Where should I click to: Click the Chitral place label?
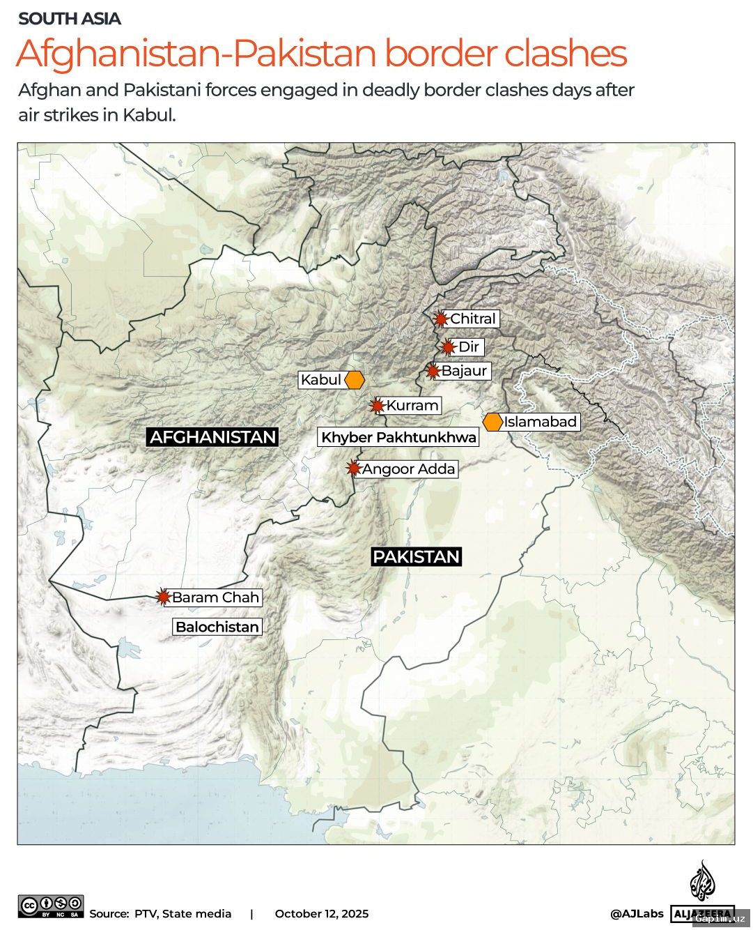tap(473, 319)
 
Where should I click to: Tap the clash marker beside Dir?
tap(449, 346)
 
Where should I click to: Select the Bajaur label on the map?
tap(464, 370)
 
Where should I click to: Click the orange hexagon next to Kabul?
tap(355, 380)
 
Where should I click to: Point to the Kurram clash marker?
tap(378, 405)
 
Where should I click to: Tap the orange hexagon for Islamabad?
tap(493, 422)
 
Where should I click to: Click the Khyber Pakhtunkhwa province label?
tap(399, 437)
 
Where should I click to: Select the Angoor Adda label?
tap(408, 468)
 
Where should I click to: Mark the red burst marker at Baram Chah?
tap(164, 597)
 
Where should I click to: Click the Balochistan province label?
tap(217, 627)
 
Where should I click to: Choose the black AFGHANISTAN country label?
tap(213, 437)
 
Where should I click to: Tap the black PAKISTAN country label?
tap(417, 556)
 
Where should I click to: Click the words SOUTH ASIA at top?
tap(70, 19)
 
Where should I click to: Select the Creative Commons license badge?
tap(52, 906)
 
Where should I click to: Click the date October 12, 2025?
tap(322, 913)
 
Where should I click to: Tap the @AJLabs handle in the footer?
tap(637, 913)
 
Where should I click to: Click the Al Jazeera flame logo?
tap(702, 881)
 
